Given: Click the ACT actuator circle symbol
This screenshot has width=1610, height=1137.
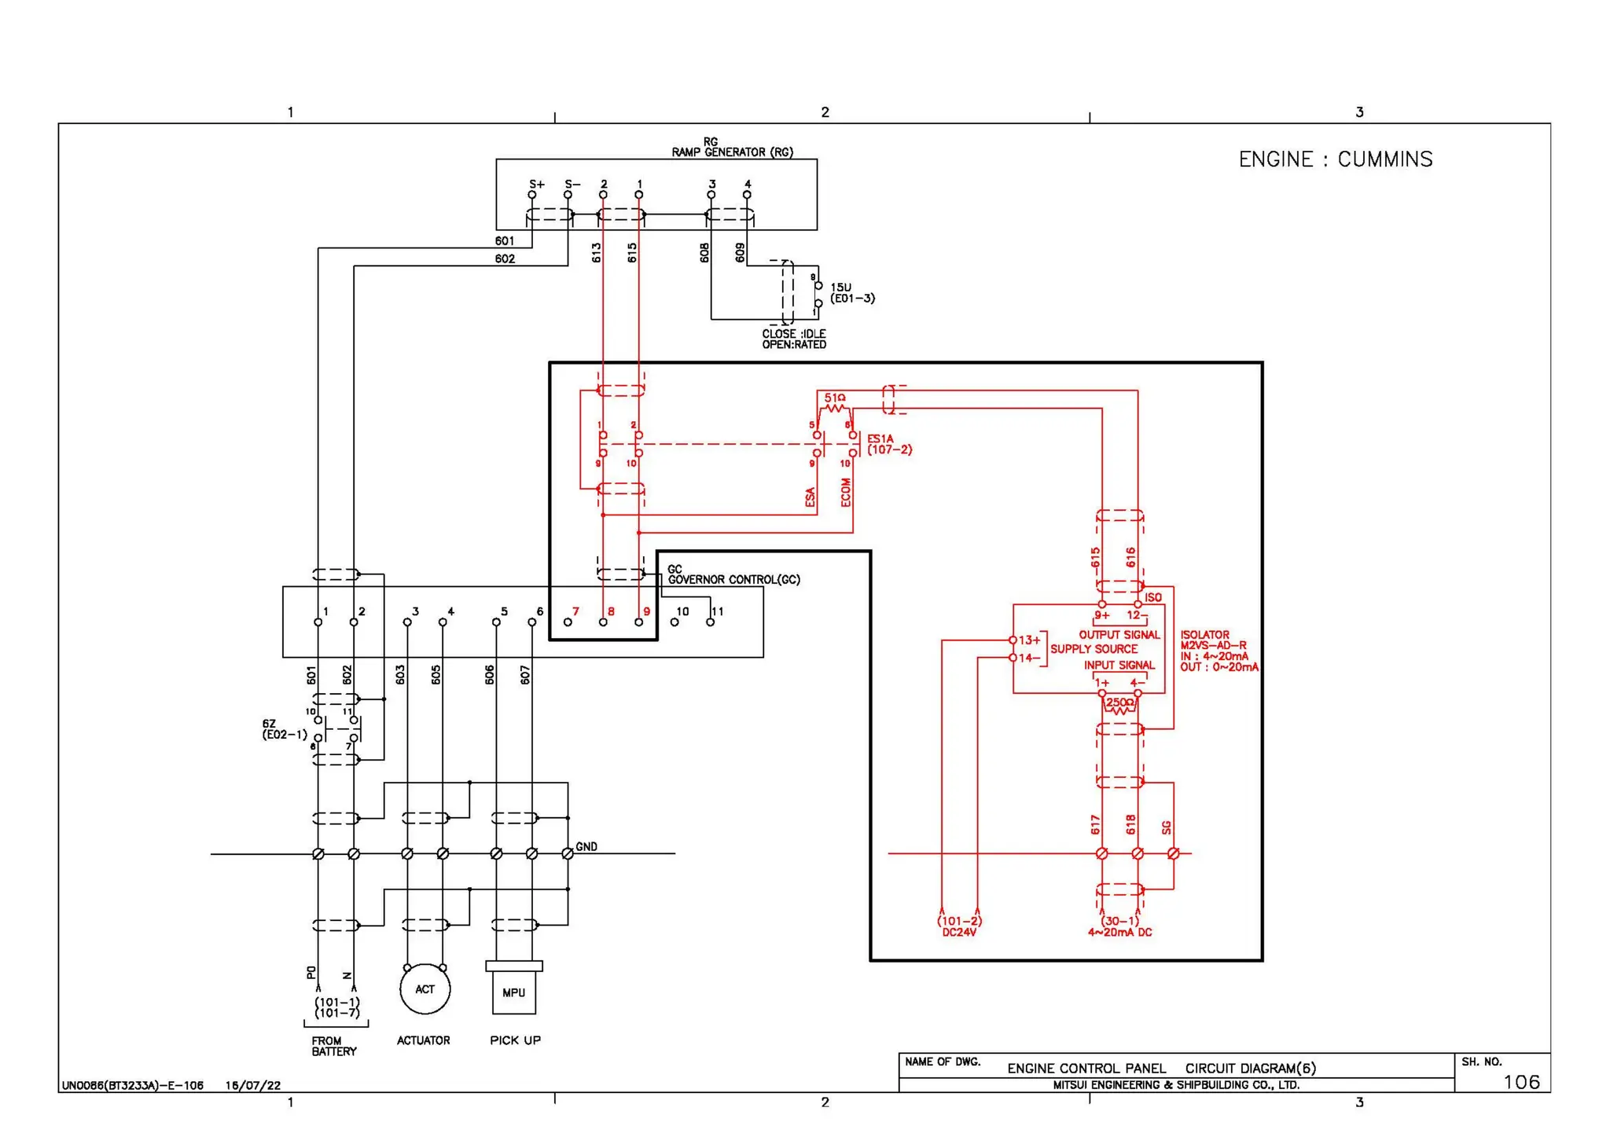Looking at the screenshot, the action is pyautogui.click(x=425, y=989).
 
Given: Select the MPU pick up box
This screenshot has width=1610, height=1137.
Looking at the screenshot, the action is pyautogui.click(x=513, y=992).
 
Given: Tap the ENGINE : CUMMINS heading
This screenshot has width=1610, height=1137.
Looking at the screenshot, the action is pyautogui.click(x=1335, y=160).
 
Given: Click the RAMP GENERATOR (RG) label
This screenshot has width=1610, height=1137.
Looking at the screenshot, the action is pyautogui.click(x=732, y=152).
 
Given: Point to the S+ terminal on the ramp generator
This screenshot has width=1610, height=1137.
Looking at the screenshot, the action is pyautogui.click(x=532, y=194).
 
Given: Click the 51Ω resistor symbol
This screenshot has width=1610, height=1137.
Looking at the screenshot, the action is pyautogui.click(x=835, y=408).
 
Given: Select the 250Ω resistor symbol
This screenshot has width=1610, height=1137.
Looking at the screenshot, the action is pyautogui.click(x=1119, y=709).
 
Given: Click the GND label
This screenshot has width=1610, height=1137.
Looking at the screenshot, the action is pyautogui.click(x=586, y=846).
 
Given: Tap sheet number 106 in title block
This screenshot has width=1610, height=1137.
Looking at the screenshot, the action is pyautogui.click(x=1520, y=1082).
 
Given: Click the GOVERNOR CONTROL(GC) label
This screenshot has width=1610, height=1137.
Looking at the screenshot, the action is pyautogui.click(x=733, y=580).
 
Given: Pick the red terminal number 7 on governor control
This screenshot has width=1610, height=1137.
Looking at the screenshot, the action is pyautogui.click(x=575, y=611).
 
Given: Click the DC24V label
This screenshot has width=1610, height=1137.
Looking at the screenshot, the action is pyautogui.click(x=959, y=933).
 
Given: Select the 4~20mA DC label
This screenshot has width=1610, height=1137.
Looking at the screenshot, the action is pyautogui.click(x=1119, y=933).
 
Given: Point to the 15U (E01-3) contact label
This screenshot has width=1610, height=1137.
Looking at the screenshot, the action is pyautogui.click(x=851, y=293).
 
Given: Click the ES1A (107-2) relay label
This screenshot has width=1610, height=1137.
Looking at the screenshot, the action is pyautogui.click(x=888, y=445).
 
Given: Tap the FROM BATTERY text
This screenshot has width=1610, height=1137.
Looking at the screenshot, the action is pyautogui.click(x=333, y=1046).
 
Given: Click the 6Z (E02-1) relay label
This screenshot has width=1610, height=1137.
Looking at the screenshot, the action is pyautogui.click(x=284, y=729).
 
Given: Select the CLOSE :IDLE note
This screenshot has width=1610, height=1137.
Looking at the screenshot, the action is pyautogui.click(x=793, y=334).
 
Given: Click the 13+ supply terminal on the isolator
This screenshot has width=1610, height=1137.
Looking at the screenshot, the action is pyautogui.click(x=1013, y=640).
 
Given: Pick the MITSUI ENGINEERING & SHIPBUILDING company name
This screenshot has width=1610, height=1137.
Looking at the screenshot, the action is pyautogui.click(x=1176, y=1085).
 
